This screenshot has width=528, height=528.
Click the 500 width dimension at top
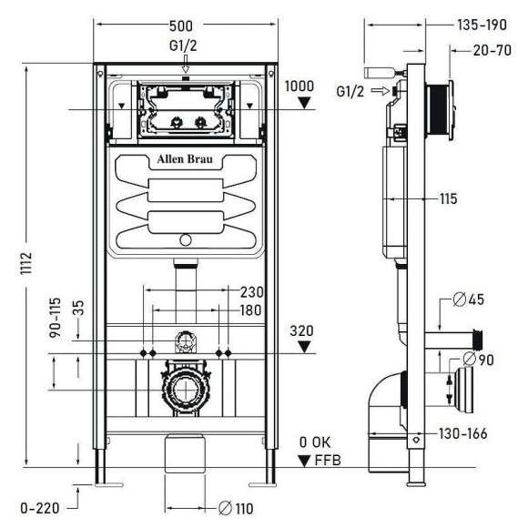[x=185, y=25]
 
